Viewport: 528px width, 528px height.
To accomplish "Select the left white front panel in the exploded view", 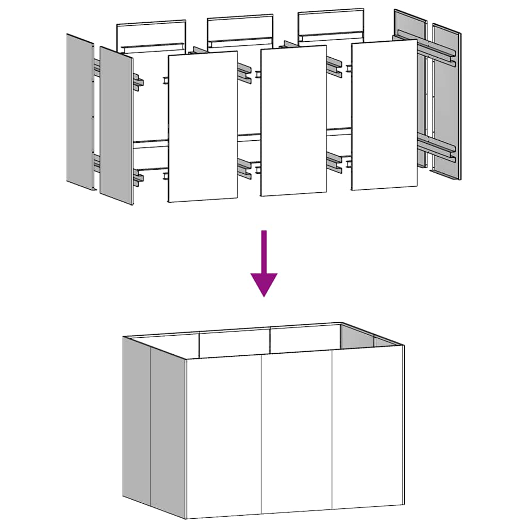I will point(203,126).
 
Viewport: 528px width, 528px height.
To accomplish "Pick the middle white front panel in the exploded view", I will point(293,121).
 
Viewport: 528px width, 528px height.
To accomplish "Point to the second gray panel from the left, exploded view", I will point(116,126).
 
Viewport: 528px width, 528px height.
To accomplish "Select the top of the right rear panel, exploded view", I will point(331,21).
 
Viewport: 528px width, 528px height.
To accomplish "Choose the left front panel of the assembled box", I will point(224,436).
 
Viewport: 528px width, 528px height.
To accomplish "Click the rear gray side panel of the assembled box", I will point(137,420).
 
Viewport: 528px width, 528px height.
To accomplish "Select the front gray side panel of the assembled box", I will point(168,433).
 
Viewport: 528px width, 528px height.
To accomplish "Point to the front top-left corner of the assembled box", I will point(186,359).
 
